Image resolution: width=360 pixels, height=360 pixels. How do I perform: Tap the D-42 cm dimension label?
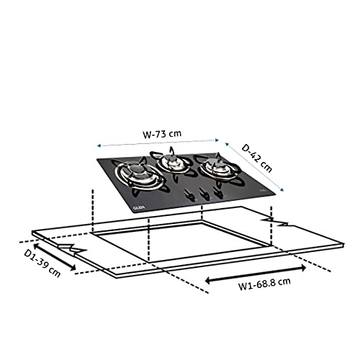257,158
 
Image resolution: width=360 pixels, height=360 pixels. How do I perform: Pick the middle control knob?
204,194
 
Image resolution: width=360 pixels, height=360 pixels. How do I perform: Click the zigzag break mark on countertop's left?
76,249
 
